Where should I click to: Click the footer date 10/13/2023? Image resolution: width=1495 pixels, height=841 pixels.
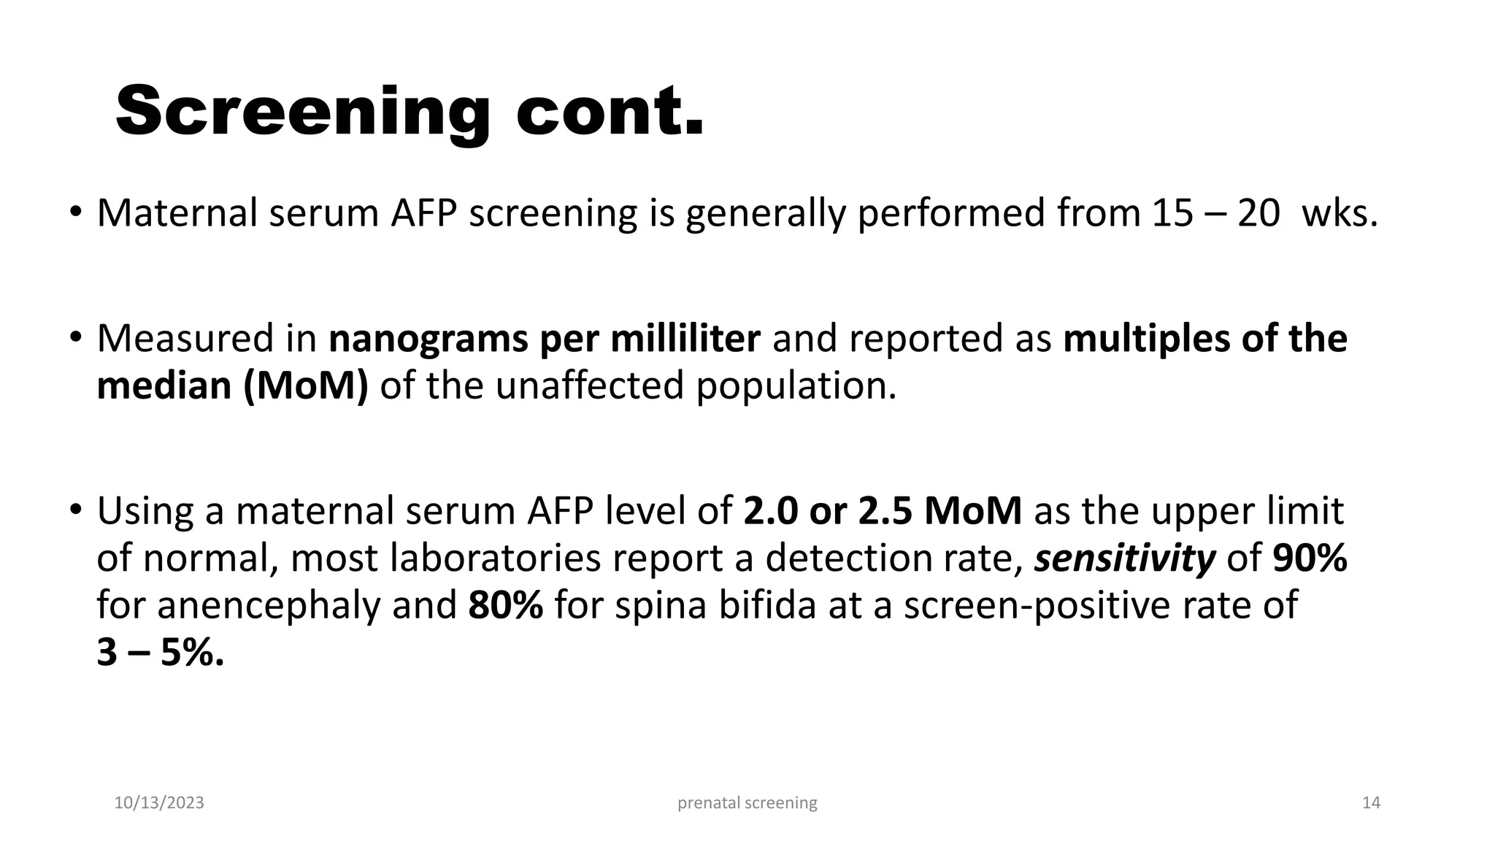(159, 803)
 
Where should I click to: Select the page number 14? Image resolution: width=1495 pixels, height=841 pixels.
(1371, 803)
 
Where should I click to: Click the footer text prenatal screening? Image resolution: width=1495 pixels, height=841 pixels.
(747, 803)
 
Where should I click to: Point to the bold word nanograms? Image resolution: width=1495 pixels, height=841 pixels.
(428, 339)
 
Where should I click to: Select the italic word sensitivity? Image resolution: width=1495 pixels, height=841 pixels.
(1125, 558)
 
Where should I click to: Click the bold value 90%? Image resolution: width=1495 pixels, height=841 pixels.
(1310, 558)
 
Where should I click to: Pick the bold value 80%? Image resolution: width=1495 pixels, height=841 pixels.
(505, 605)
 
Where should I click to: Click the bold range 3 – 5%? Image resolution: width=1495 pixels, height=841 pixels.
(160, 652)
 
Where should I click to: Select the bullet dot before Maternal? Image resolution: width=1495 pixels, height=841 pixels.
(75, 212)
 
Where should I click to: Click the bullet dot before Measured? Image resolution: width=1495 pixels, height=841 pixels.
(75, 338)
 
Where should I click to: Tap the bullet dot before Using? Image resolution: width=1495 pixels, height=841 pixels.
(75, 510)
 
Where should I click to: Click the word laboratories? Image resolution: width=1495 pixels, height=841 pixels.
(496, 558)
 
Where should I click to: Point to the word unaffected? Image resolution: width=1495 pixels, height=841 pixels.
(589, 385)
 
